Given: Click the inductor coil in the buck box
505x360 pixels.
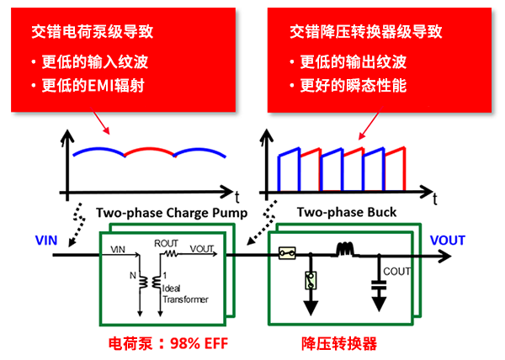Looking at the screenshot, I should tap(344, 250).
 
